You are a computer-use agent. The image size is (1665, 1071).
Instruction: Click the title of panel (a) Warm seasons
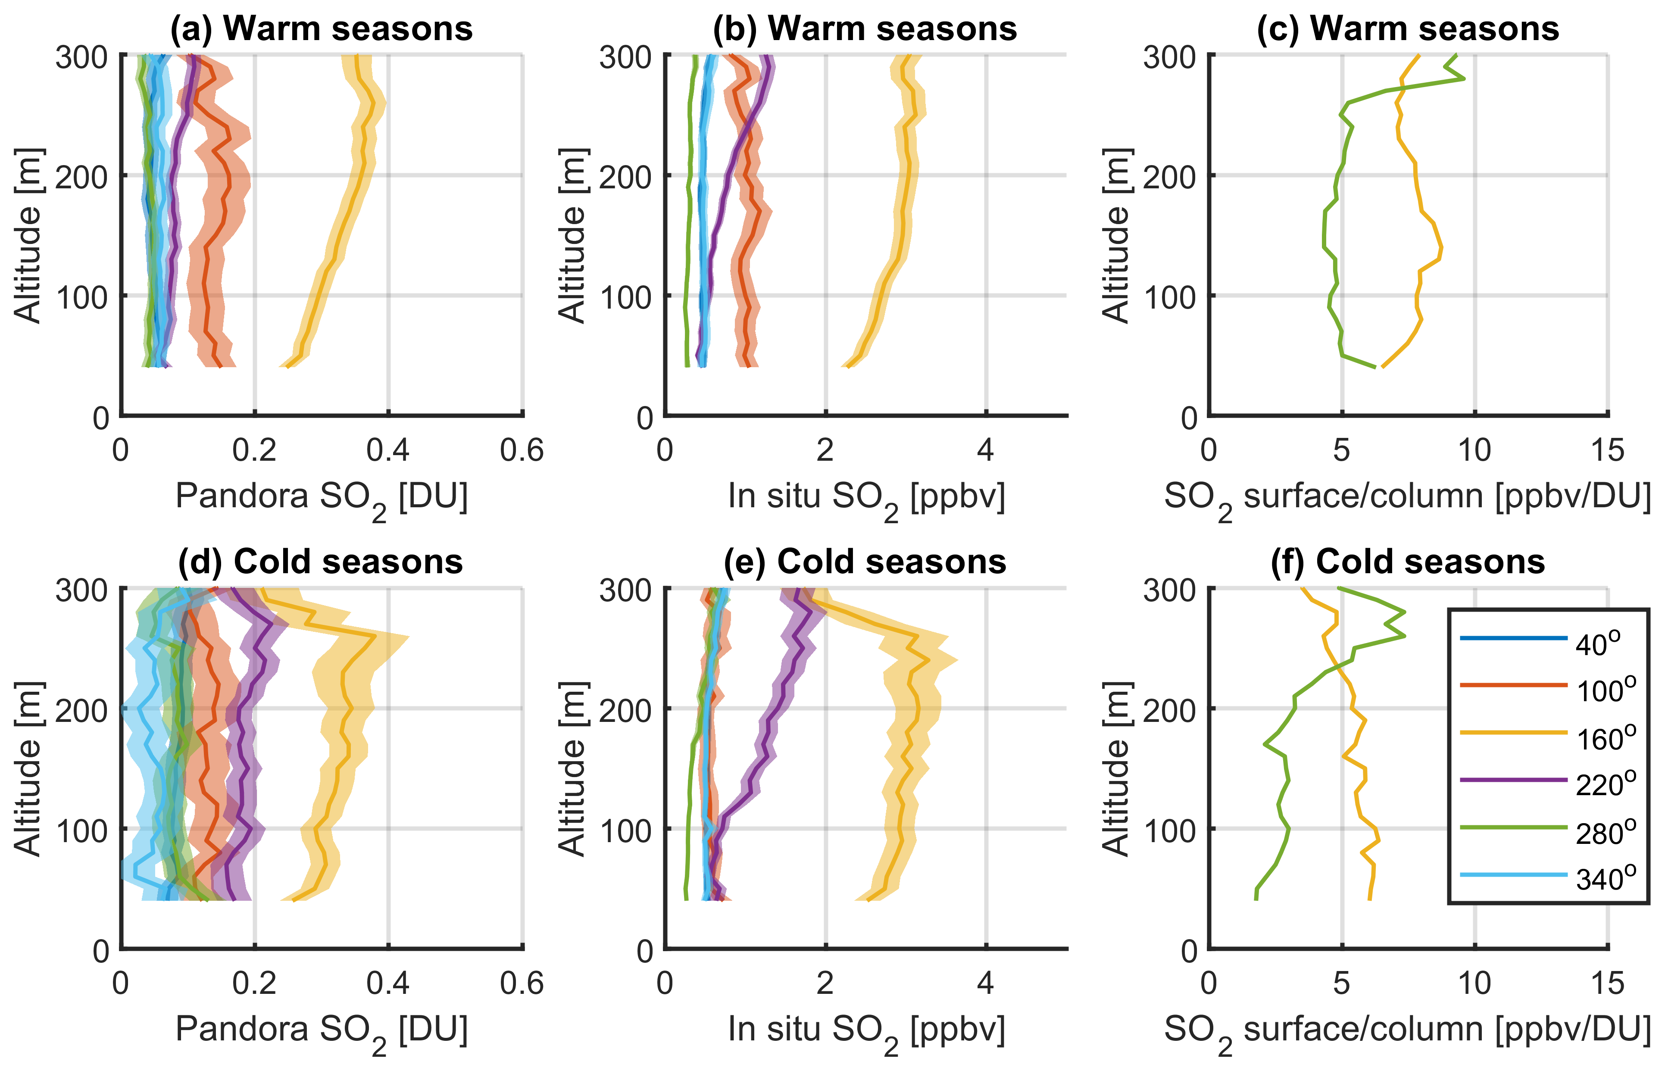tap(321, 29)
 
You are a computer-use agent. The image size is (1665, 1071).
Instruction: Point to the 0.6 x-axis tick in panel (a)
tap(522, 451)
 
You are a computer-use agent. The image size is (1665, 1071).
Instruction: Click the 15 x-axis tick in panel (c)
tap(1607, 451)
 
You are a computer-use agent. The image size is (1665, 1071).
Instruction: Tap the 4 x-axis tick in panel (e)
tap(985, 984)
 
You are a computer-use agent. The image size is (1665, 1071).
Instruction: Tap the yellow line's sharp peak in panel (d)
tap(375, 636)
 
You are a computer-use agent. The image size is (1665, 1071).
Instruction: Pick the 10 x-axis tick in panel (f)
tap(1474, 984)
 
